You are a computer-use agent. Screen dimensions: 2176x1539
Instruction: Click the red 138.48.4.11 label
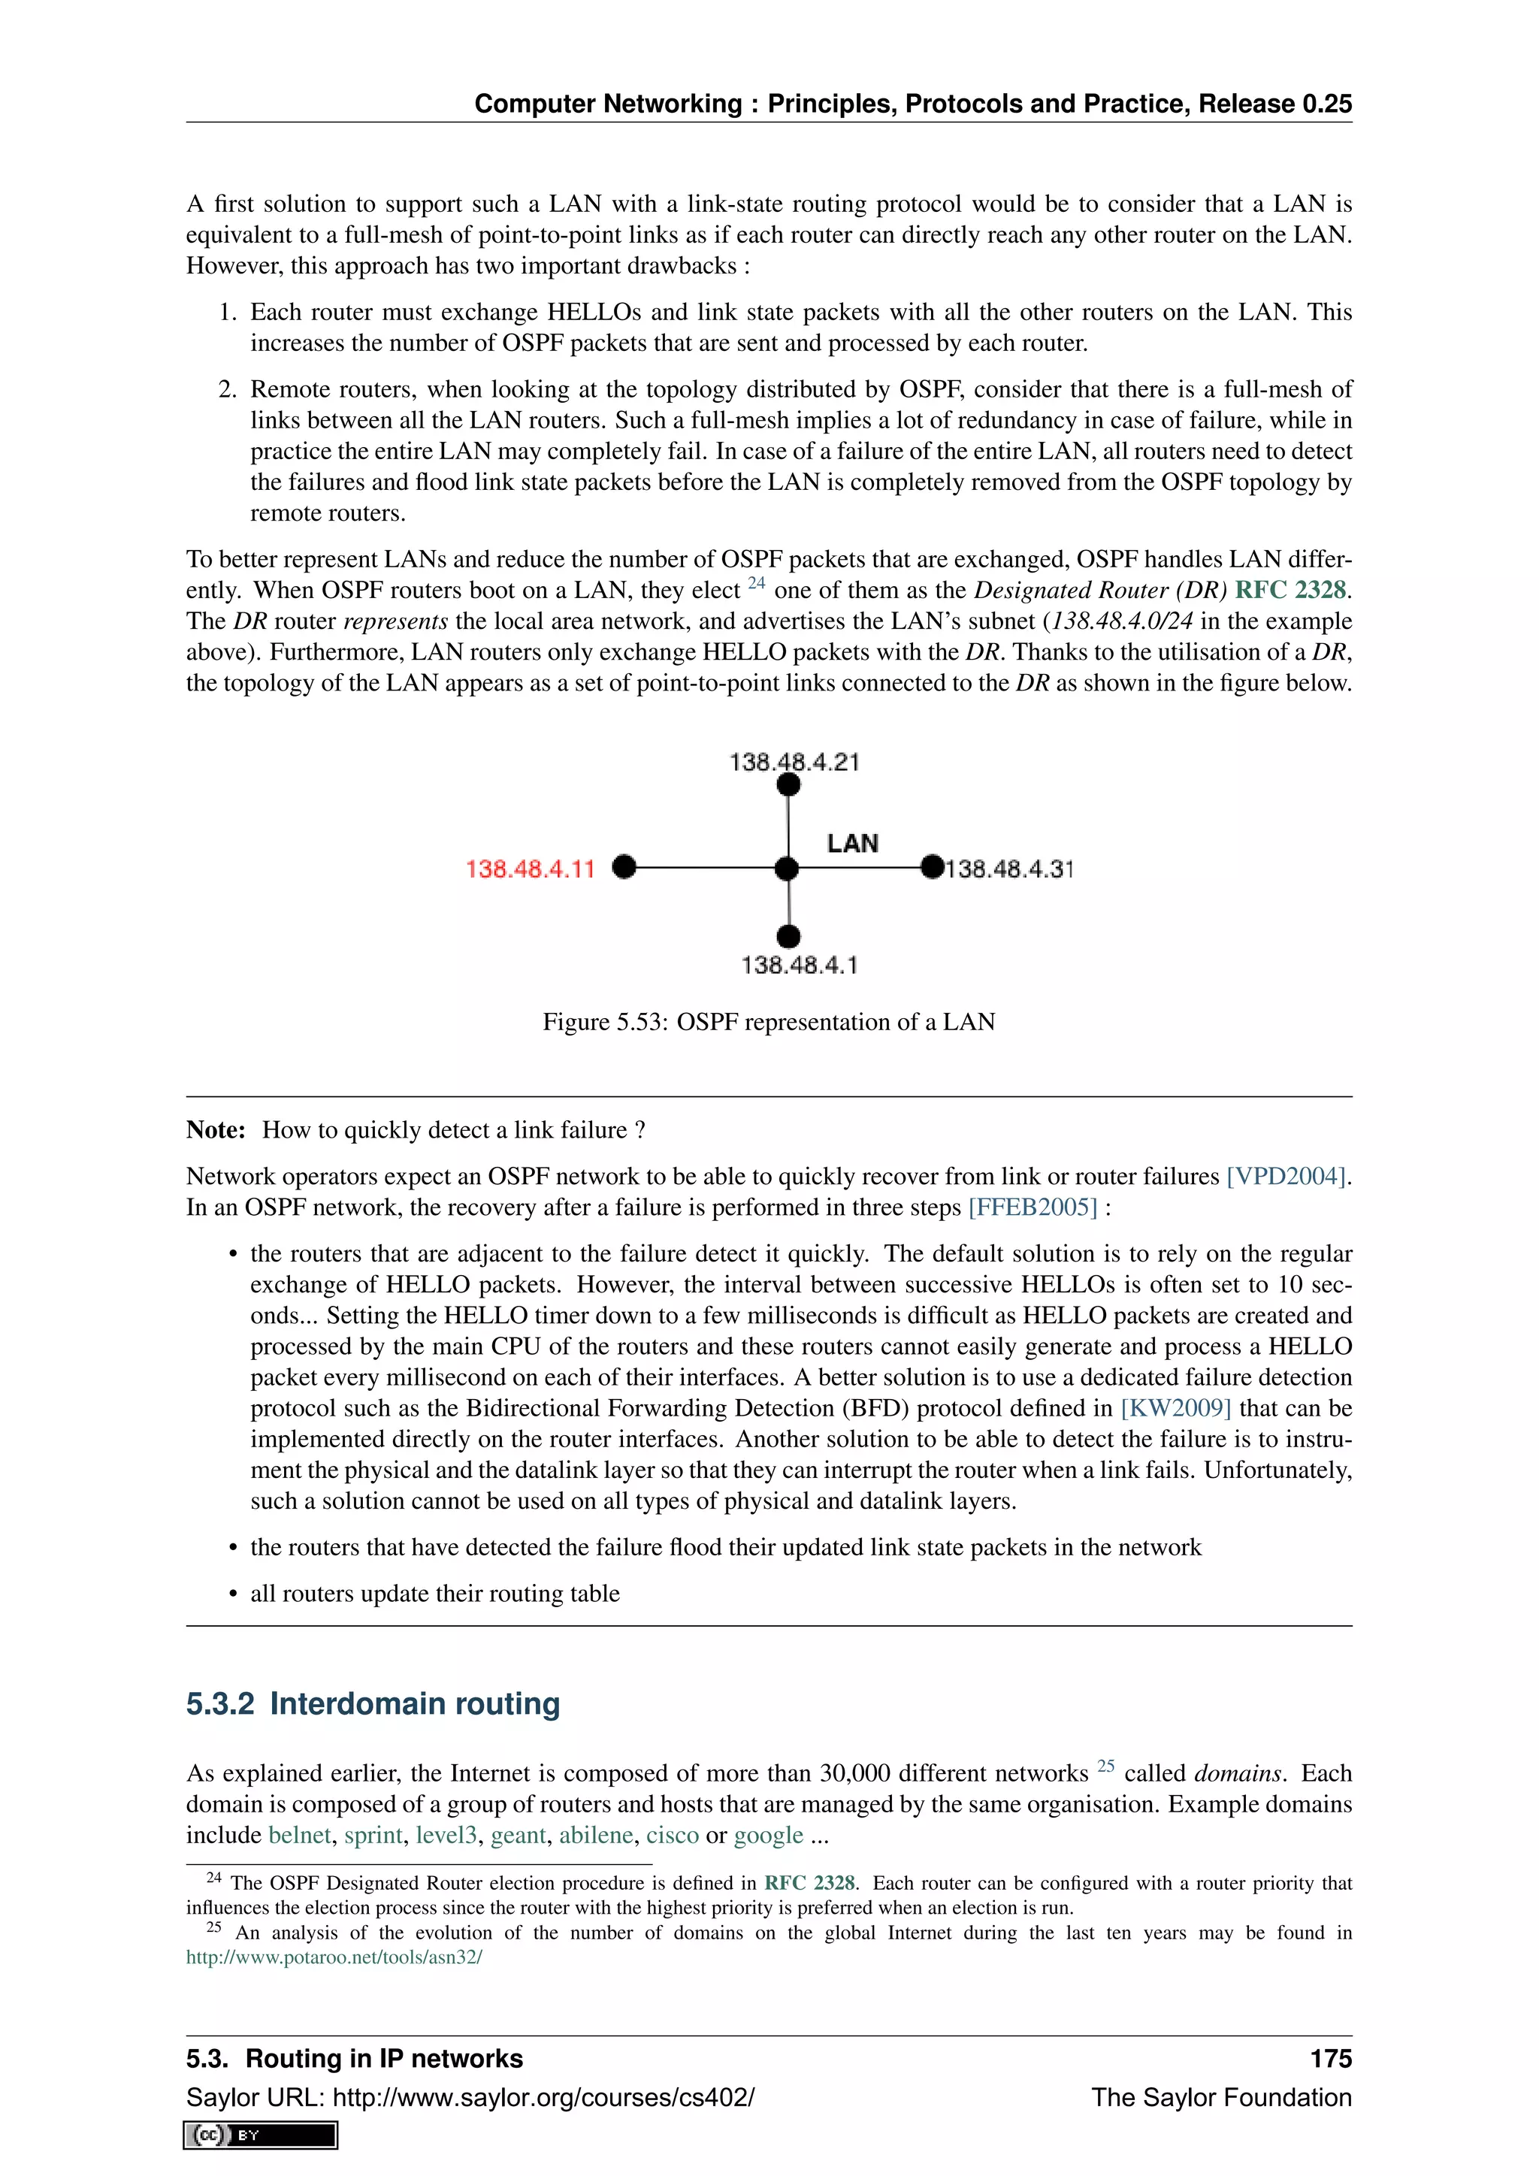coord(530,869)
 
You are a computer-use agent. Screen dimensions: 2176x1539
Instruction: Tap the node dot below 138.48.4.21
coord(788,784)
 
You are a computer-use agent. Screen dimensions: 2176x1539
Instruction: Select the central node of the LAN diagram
coord(787,868)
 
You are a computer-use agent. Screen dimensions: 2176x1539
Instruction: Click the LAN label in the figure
coord(852,844)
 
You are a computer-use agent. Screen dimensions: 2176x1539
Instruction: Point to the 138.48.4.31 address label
coord(1010,869)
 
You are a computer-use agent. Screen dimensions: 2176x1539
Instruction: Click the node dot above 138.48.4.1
coord(788,936)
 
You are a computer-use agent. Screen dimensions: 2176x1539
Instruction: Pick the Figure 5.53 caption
coord(769,1022)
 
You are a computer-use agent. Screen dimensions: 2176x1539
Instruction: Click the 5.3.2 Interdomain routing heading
coord(373,1703)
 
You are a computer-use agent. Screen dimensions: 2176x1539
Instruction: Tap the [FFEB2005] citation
coord(1032,1207)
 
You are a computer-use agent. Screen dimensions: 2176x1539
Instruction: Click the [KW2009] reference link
coord(1175,1408)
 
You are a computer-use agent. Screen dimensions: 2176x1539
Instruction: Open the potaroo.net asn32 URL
coord(334,1957)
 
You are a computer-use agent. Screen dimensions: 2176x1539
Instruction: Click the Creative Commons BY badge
coord(261,2135)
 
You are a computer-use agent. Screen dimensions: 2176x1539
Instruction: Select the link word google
coord(769,1835)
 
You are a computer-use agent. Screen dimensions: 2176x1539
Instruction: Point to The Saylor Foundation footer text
coord(1220,2097)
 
